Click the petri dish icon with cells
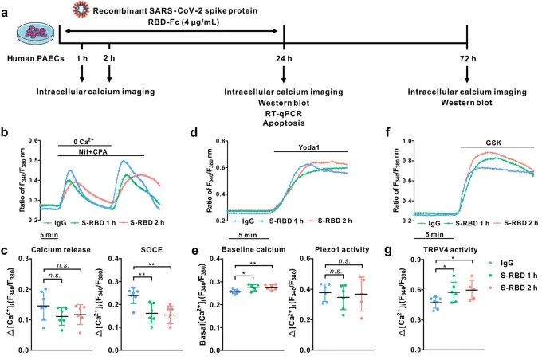click(37, 32)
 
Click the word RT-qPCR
click(285, 116)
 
